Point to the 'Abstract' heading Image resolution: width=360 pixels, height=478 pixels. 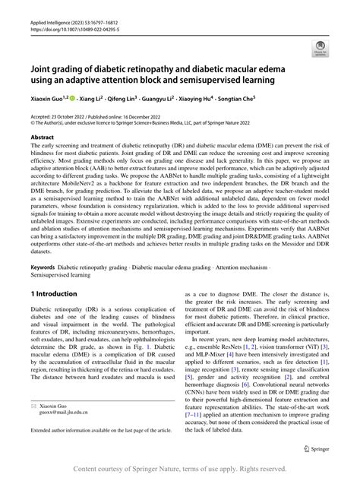click(x=42, y=138)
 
